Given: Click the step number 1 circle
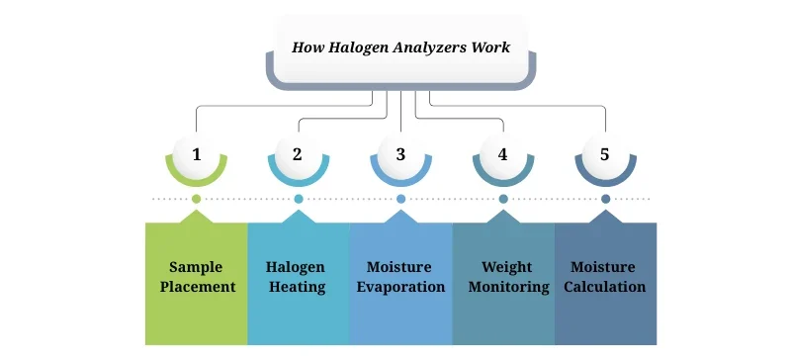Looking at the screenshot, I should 197,154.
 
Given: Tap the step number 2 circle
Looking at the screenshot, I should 299,154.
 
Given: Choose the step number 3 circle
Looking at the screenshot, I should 400,154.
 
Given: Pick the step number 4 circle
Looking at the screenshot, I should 503,154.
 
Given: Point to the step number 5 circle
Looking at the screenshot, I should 605,154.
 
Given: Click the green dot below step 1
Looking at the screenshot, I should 197,199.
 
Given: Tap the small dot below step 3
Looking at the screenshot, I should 400,199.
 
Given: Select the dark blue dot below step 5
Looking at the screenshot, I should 605,199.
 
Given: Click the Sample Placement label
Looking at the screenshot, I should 196,277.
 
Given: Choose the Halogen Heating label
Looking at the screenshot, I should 298,277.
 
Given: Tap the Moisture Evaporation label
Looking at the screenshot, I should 400,277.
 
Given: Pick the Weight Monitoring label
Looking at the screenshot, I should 502,277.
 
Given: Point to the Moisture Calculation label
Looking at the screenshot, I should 605,277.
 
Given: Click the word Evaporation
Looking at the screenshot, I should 400,288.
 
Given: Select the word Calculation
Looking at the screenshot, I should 605,288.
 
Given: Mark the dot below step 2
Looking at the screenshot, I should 299,199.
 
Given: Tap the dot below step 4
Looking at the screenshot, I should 503,199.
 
